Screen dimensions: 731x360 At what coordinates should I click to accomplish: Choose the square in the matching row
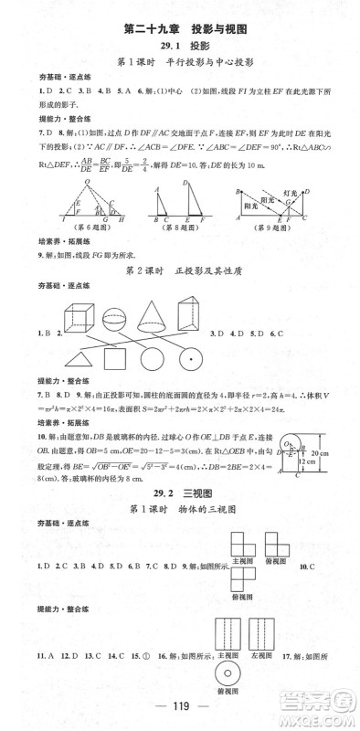tap(132, 358)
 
